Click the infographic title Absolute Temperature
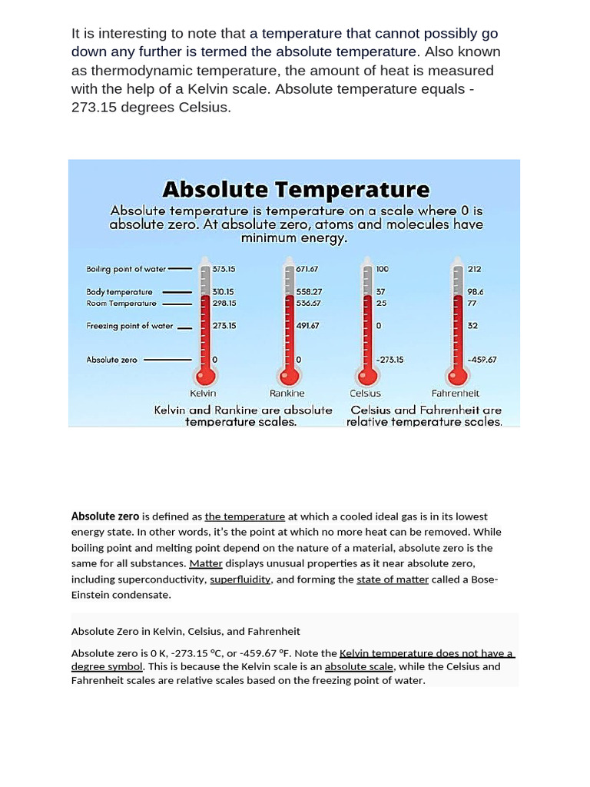pyautogui.click(x=296, y=189)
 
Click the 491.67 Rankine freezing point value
pyautogui.click(x=308, y=326)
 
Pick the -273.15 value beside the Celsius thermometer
pyautogui.click(x=390, y=360)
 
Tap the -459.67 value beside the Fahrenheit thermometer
pyautogui.click(x=482, y=360)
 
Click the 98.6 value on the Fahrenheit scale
pyautogui.click(x=476, y=292)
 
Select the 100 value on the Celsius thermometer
pyautogui.click(x=383, y=269)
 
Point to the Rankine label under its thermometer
pyautogui.click(x=287, y=393)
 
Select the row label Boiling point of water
pyautogui.click(x=126, y=269)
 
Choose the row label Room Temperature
pyautogui.click(x=121, y=303)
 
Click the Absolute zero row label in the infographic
pyautogui.click(x=112, y=360)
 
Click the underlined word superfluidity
pyautogui.click(x=240, y=579)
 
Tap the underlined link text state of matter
pyautogui.click(x=393, y=579)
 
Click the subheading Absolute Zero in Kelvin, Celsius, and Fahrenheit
pyautogui.click(x=186, y=631)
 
